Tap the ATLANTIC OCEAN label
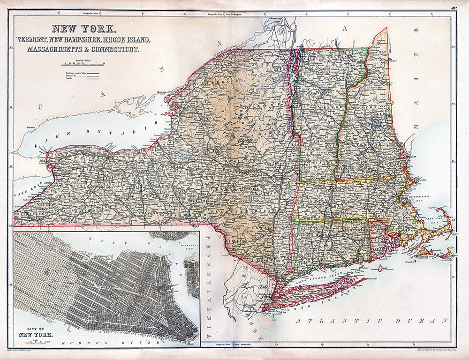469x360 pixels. tap(370, 321)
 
